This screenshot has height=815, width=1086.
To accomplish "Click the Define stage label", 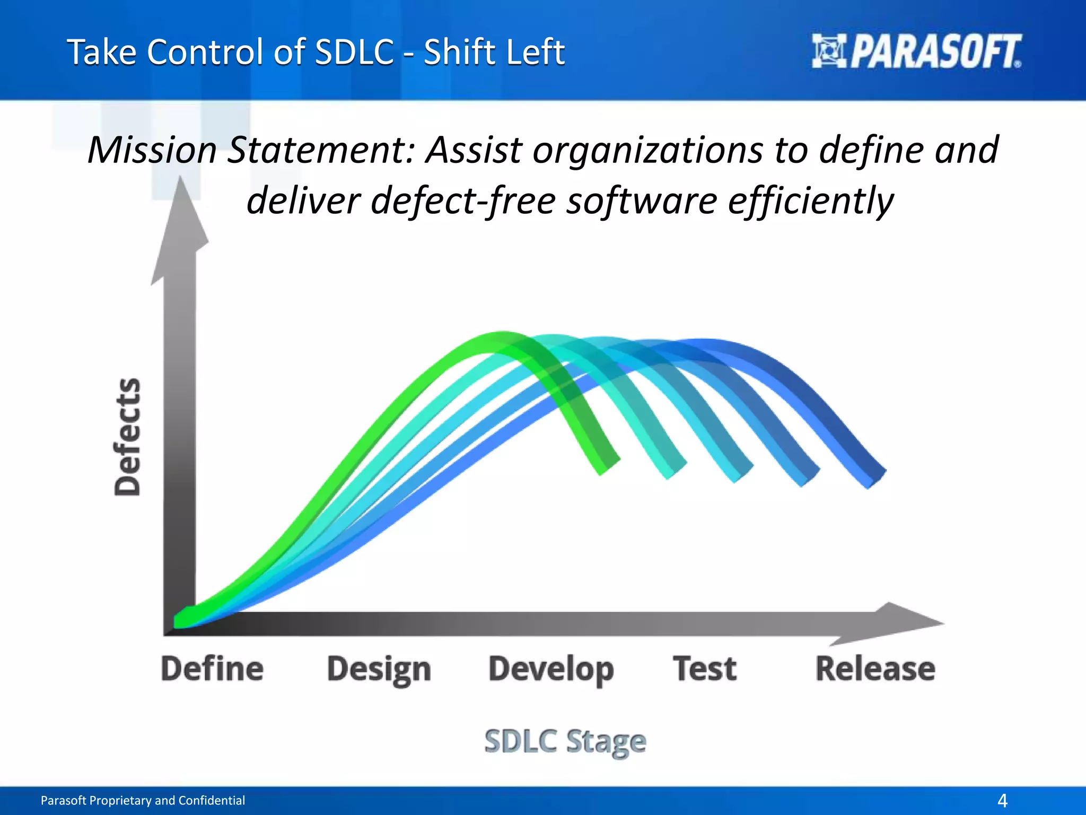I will [212, 669].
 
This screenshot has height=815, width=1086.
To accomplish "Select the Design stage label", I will [379, 670].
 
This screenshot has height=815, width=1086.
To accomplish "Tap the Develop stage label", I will [551, 670].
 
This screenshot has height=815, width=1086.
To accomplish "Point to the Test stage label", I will [705, 669].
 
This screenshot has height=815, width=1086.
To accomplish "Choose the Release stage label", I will [875, 669].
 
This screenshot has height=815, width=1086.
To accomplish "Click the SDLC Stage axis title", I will [565, 741].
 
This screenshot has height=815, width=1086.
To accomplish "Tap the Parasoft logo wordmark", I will [936, 52].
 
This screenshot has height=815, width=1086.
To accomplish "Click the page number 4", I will [1002, 800].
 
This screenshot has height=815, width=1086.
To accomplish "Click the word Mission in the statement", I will [152, 150].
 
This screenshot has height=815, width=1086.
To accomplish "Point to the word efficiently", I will [810, 202].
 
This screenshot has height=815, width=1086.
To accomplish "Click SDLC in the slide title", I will [354, 52].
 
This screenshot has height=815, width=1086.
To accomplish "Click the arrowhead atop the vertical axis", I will [180, 223].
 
